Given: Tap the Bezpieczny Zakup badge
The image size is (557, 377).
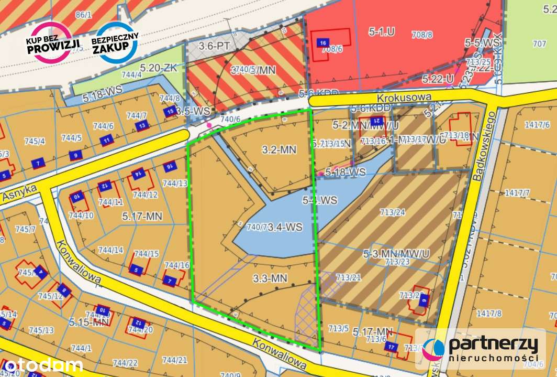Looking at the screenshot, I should [x=115, y=42].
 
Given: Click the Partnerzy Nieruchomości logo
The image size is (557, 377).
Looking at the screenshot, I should [x=481, y=348].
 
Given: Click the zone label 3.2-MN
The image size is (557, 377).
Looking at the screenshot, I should [x=278, y=150].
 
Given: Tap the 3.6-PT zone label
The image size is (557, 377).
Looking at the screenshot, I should [x=214, y=46].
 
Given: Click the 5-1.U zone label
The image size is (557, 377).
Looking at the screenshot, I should [x=381, y=31].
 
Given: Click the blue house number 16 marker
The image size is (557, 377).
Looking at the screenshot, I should [x=323, y=43].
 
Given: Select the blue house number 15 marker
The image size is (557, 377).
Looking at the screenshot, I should [x=170, y=112].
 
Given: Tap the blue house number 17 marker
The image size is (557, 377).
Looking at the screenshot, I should [x=392, y=347].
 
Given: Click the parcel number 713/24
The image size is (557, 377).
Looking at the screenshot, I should [x=393, y=212].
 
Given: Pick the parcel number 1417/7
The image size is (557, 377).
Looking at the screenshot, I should [x=517, y=193].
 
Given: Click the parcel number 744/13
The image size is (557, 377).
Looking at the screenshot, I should [x=175, y=183].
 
